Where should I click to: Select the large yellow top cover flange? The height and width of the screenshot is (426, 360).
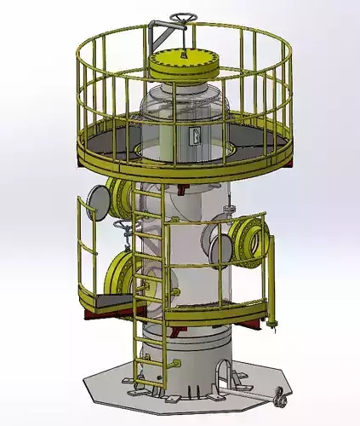tap(184, 62)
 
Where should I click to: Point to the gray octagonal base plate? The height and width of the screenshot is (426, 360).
tap(111, 392)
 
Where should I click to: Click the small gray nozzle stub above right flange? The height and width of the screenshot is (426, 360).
tap(228, 209)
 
